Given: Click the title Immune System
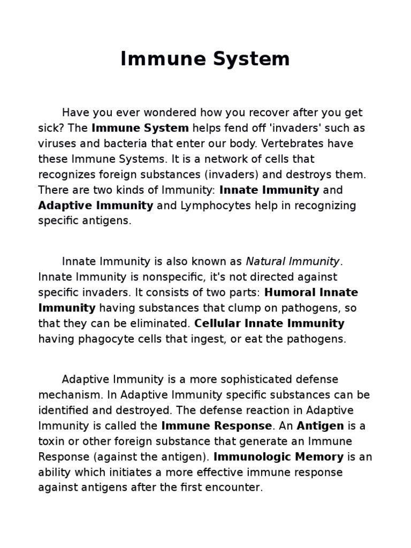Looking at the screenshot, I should (205, 59).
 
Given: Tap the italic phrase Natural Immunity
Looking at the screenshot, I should (293, 262).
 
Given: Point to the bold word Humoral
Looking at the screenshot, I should (289, 293).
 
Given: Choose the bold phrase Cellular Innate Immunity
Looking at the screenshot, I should (269, 324).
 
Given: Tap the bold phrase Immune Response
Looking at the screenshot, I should (216, 426).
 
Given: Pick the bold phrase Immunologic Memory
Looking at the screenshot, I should (278, 457).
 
